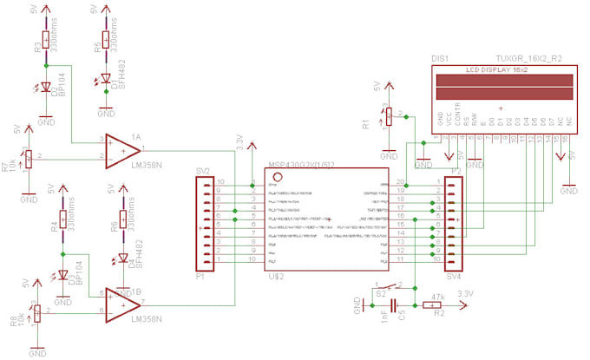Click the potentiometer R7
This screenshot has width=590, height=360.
29,158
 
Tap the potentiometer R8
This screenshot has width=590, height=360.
36,313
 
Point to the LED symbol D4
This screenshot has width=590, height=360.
122,260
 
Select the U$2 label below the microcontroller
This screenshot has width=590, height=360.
277,275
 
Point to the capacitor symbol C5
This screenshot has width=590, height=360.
395,305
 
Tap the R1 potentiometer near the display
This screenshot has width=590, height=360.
389,115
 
